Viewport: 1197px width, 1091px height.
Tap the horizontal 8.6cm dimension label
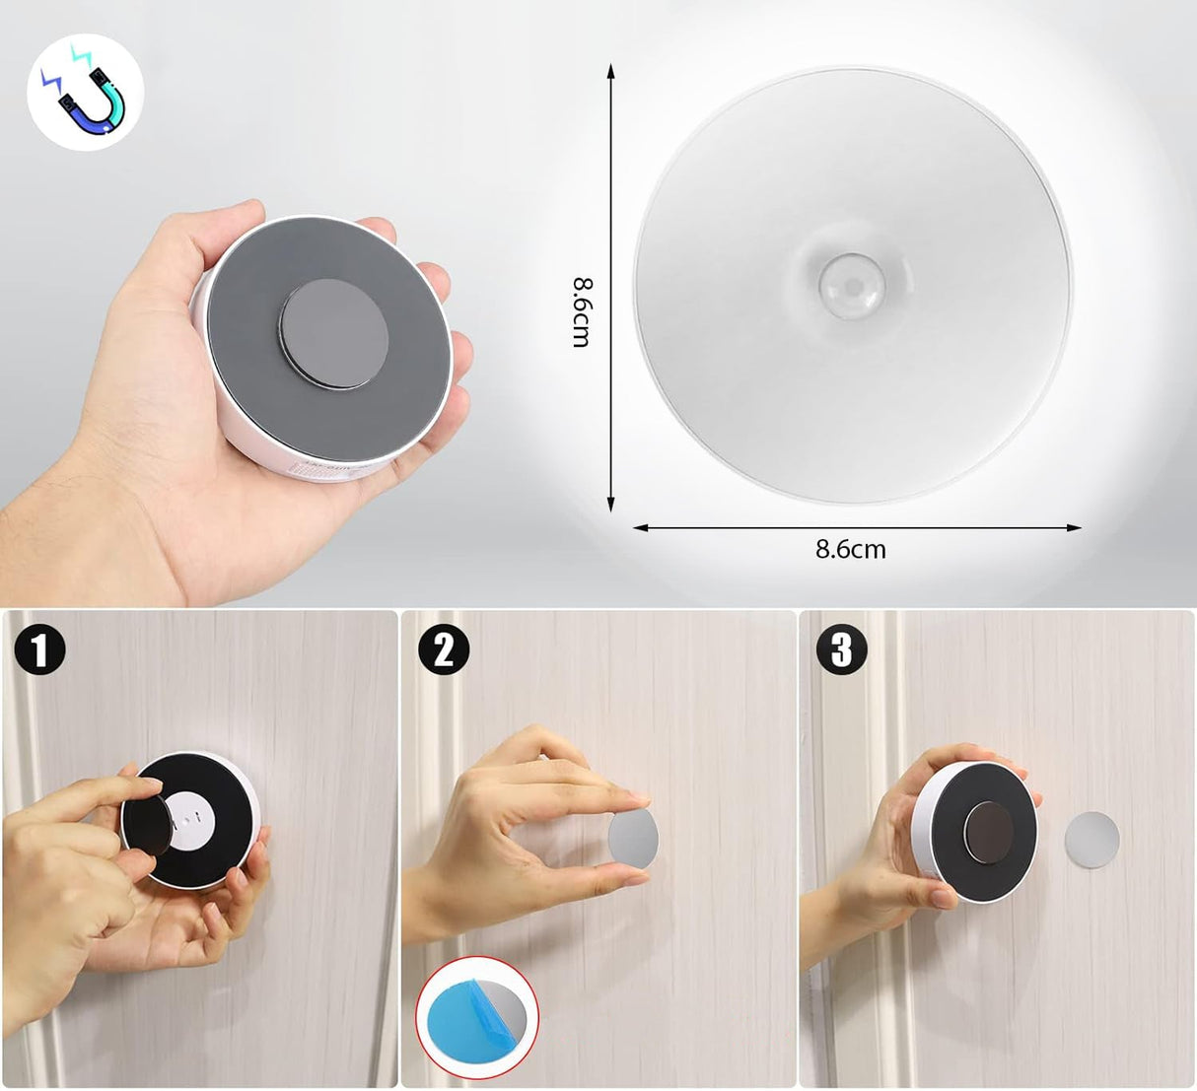pos(850,549)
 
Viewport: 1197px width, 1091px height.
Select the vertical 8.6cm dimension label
pos(582,311)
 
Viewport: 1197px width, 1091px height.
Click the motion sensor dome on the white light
pos(852,286)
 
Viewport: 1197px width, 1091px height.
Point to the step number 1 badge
pos(39,649)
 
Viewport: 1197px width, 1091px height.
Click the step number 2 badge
pos(444,649)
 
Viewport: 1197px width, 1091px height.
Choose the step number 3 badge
pos(841,649)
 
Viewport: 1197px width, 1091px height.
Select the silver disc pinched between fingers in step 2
pos(633,838)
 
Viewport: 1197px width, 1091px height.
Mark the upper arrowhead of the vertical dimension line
pos(610,70)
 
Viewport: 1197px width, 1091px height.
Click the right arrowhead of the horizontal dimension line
pos(1073,527)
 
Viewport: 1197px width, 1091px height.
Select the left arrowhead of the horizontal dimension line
pos(641,527)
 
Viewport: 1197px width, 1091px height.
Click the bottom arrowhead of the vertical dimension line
pos(610,504)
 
